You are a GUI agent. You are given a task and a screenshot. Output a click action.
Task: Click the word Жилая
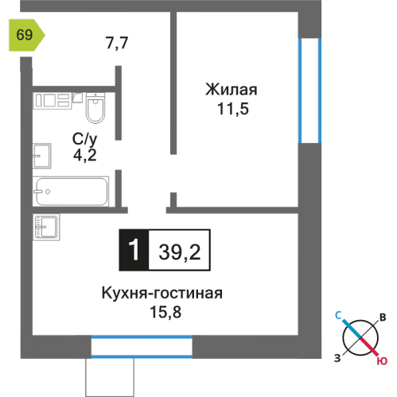(232, 89)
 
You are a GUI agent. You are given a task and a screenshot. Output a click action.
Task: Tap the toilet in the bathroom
(95, 109)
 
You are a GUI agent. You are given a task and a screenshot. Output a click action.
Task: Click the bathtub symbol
(72, 191)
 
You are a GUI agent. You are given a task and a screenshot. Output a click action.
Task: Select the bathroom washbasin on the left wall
(41, 156)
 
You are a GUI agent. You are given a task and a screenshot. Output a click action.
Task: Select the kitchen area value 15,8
(163, 311)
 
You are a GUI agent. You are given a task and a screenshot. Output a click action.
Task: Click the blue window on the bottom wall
(142, 345)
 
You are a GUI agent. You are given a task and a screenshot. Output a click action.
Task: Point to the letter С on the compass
(337, 316)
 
